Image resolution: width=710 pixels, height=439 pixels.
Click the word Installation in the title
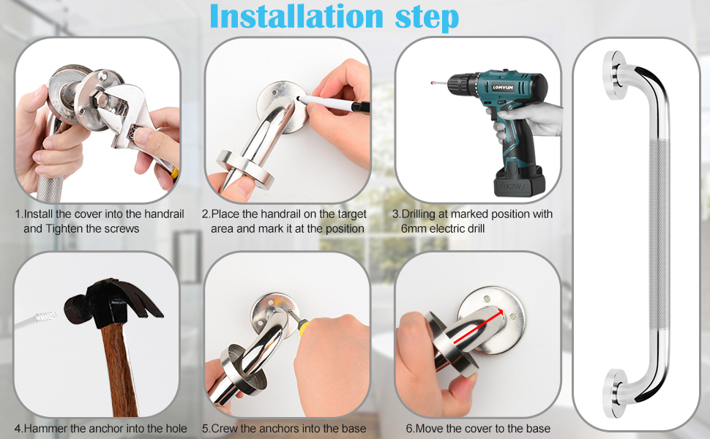[x=296, y=17]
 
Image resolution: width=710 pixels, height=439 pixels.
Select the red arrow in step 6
[x=478, y=326]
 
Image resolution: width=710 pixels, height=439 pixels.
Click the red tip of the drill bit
[x=432, y=83]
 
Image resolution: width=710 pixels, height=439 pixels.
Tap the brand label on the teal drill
[x=502, y=87]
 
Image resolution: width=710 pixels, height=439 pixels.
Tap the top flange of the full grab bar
[x=615, y=75]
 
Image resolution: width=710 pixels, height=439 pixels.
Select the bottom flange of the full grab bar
[x=615, y=394]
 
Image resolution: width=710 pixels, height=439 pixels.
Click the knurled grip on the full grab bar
[x=658, y=236]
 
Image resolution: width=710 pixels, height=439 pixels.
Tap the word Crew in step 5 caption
[x=223, y=428]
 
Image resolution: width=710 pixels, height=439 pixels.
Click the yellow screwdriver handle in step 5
[x=302, y=327]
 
